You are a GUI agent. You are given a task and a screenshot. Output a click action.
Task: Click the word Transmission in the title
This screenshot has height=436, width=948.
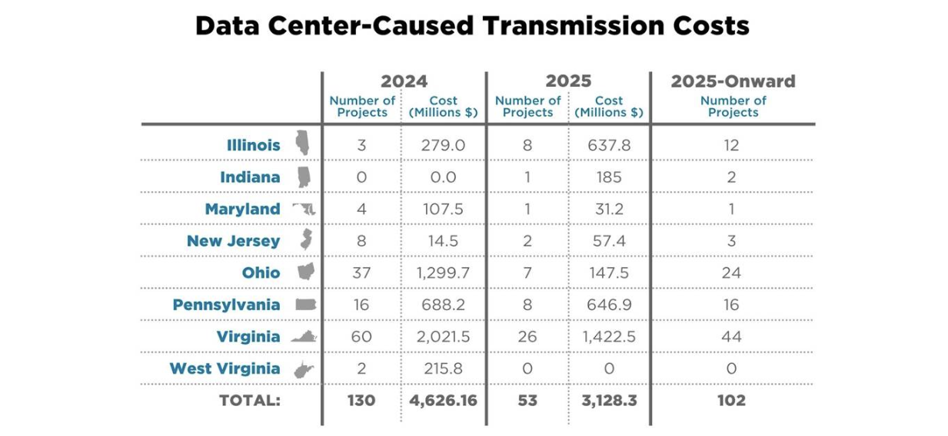pos(574,26)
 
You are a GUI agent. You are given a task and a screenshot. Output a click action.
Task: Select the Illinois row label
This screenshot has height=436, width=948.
pos(254,145)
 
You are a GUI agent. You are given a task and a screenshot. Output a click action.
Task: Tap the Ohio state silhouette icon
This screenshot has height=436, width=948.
pos(306,271)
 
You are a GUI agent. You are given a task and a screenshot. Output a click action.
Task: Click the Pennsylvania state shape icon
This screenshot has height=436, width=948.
pos(305,304)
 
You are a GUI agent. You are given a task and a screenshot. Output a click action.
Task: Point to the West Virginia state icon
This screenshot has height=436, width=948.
pos(304,369)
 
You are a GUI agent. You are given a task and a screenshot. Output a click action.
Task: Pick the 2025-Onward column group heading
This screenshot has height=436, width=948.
pos(733,81)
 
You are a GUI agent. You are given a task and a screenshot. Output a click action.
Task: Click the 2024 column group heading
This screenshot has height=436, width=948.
pos(404,81)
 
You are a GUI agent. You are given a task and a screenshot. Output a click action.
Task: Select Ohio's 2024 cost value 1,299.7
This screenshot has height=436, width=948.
pos(443,273)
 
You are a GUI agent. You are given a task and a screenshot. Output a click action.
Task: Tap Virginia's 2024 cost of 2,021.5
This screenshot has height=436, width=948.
pos(443,337)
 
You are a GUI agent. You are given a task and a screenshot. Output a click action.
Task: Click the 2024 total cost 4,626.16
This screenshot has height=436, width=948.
pos(443,401)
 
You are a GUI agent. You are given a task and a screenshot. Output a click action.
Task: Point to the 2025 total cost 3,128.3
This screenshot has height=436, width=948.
pos(609,401)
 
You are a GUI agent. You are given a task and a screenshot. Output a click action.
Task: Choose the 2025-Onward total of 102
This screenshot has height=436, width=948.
pos(731,401)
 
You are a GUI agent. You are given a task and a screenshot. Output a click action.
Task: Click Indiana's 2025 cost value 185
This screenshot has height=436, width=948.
pos(609,177)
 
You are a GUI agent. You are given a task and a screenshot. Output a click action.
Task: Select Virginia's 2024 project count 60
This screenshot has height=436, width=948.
pos(361,337)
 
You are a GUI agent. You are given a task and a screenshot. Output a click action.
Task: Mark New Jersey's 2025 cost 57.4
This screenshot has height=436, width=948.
pos(609,241)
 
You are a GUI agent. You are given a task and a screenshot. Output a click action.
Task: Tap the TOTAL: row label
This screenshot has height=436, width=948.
pos(250,401)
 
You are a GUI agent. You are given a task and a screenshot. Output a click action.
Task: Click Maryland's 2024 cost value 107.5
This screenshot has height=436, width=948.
pos(443,209)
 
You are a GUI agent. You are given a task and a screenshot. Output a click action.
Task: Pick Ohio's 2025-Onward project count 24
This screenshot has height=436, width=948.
pos(731,273)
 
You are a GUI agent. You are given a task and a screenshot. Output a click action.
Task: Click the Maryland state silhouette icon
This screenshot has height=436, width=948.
pos(304,209)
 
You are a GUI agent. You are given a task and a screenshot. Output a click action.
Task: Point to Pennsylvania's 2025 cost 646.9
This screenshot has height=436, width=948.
pos(609,305)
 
